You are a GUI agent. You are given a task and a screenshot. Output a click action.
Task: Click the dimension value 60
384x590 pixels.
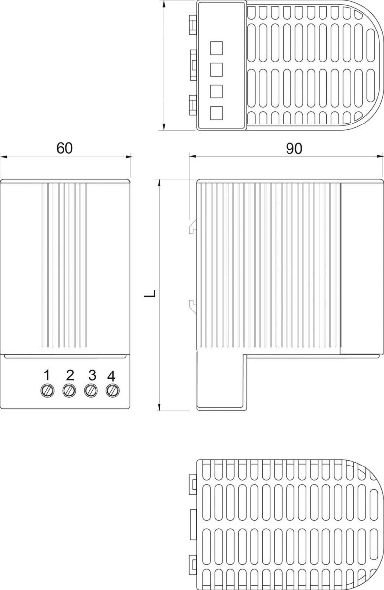pos(64,148)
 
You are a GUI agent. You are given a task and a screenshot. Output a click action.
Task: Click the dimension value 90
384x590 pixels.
pos(294,148)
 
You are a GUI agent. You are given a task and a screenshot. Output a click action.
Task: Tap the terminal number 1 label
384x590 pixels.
pos(47,375)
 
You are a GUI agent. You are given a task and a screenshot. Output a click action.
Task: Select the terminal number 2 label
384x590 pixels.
pos(69,375)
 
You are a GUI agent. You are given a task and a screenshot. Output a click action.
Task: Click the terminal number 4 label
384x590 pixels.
pos(111,376)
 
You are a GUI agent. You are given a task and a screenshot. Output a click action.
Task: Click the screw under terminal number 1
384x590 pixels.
pos(47,391)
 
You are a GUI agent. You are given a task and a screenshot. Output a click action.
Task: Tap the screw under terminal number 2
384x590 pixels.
pos(69,391)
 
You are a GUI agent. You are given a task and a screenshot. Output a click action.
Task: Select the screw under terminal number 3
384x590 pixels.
pos(90,391)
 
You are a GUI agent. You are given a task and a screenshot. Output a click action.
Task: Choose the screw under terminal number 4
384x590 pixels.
pos(112,391)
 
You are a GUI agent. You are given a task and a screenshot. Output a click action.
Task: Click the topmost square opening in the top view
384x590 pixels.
pos(216,48)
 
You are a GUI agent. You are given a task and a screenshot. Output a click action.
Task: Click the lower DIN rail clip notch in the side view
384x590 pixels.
pos(193,305)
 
